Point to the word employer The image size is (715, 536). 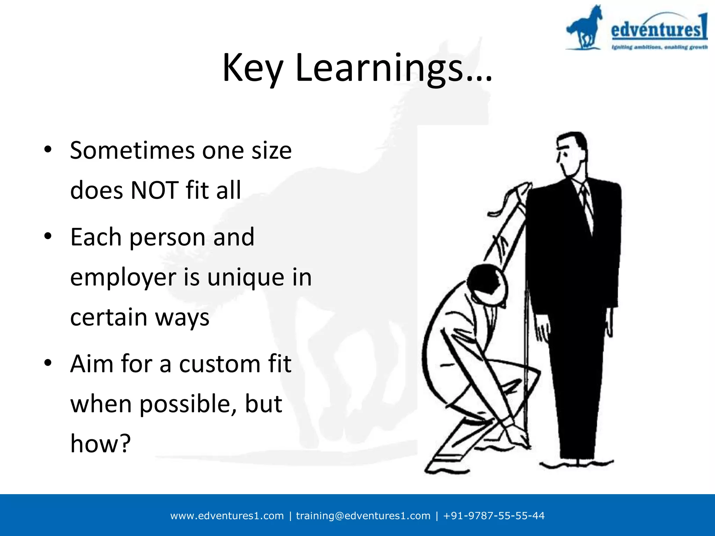pyautogui.click(x=123, y=278)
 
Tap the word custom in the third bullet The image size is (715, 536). pyautogui.click(x=220, y=364)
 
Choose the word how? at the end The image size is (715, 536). pyautogui.click(x=101, y=444)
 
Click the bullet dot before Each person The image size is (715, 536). pyautogui.click(x=48, y=236)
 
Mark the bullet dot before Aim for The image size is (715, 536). pyautogui.click(x=48, y=363)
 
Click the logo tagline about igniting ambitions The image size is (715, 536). pyautogui.click(x=659, y=47)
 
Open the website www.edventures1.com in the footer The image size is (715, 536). pyautogui.click(x=227, y=516)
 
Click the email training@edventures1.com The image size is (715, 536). pyautogui.click(x=363, y=516)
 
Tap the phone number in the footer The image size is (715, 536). pyautogui.click(x=494, y=516)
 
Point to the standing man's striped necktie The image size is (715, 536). pyautogui.click(x=587, y=206)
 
